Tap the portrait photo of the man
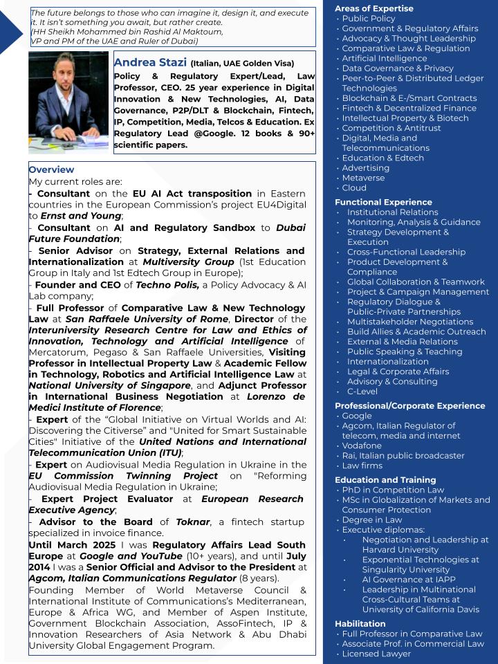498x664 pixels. click(68, 102)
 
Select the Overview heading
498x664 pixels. click(51, 169)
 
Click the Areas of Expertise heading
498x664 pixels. click(373, 8)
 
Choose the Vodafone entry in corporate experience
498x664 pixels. click(362, 445)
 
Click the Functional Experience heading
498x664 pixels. click(382, 202)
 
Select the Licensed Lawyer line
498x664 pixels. click(376, 654)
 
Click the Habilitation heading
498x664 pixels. click(360, 623)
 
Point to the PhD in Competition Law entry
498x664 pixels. click(393, 490)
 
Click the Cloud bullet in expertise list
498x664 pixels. click(354, 187)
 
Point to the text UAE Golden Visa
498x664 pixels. click(259, 64)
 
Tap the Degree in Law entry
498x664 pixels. click(371, 519)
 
